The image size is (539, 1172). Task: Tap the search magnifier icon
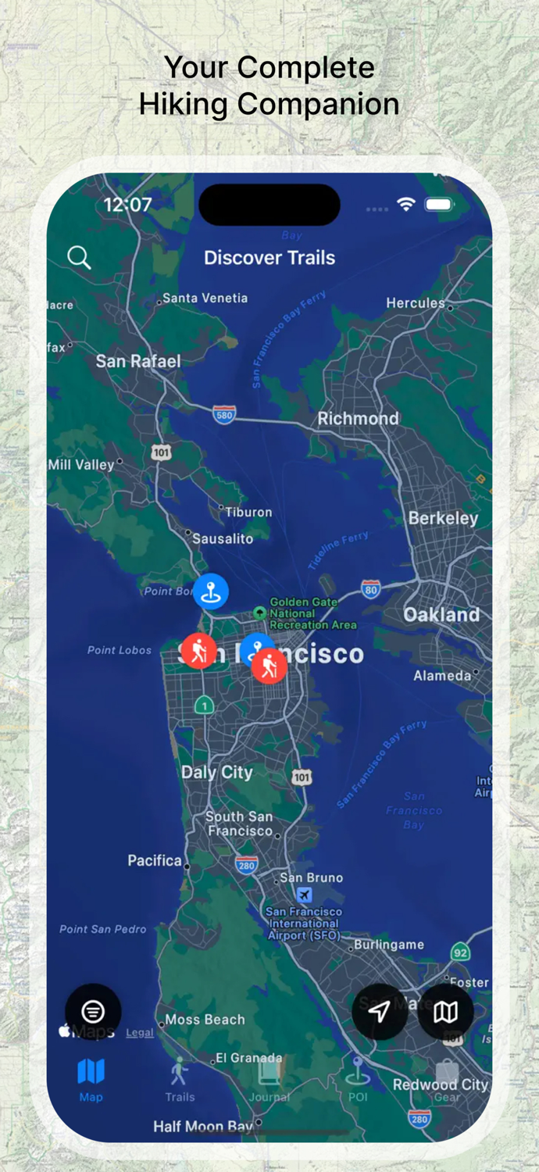point(79,257)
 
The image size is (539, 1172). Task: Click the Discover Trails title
point(269,258)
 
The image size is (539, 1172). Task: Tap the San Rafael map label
point(138,361)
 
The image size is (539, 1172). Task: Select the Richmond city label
point(358,419)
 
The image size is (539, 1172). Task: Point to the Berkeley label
point(443,518)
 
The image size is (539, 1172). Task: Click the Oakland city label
point(441,615)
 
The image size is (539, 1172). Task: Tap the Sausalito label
point(223,539)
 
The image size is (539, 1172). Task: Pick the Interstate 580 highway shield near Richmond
point(224,415)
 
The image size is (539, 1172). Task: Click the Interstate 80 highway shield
point(371,590)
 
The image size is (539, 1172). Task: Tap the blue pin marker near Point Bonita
point(211,591)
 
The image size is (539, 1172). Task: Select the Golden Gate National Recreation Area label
point(312,613)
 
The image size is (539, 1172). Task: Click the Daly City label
point(217,773)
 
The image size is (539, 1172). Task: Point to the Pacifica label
point(155,860)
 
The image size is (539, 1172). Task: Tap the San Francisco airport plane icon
point(304,895)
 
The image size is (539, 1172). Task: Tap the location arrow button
point(380,1012)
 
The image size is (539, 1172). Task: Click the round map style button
point(445,1012)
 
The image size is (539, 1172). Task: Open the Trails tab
point(180,1080)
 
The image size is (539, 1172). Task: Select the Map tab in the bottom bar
point(91,1080)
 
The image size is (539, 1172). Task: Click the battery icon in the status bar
point(439,205)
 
